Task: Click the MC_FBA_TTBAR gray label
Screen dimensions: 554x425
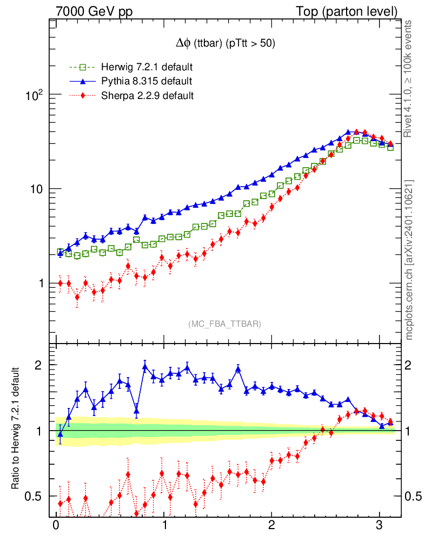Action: (225, 324)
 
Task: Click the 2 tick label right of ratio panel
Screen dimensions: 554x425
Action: (409, 365)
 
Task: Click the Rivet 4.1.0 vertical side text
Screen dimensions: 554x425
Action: (409, 78)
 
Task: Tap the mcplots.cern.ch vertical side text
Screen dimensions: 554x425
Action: (409, 260)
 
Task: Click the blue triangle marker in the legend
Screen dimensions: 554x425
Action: (83, 82)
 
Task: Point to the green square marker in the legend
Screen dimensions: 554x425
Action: (83, 68)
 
